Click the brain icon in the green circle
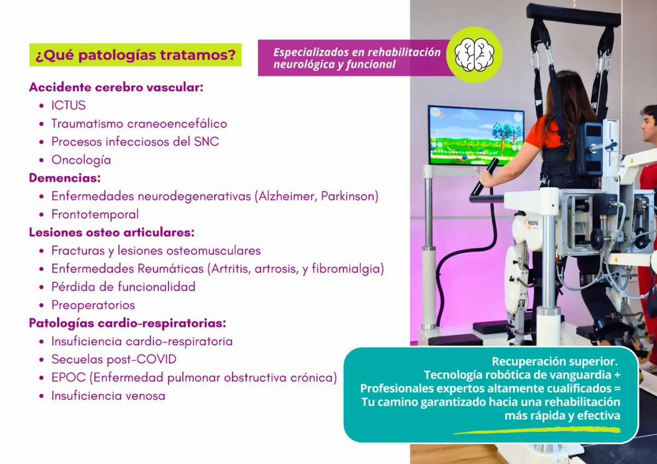click(x=474, y=55)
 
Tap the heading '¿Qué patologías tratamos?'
click(x=135, y=55)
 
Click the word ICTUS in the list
click(x=68, y=106)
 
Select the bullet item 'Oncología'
click(x=81, y=160)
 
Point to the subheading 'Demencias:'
click(x=65, y=178)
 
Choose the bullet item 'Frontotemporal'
click(x=95, y=214)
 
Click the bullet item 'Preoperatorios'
click(x=93, y=305)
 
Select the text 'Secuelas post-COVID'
click(x=114, y=359)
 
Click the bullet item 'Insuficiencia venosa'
click(x=108, y=396)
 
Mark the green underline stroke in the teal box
click(x=537, y=430)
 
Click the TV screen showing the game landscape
click(x=475, y=135)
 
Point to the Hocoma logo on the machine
click(x=533, y=223)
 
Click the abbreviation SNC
click(x=206, y=142)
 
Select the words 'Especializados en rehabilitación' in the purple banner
click(x=357, y=53)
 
